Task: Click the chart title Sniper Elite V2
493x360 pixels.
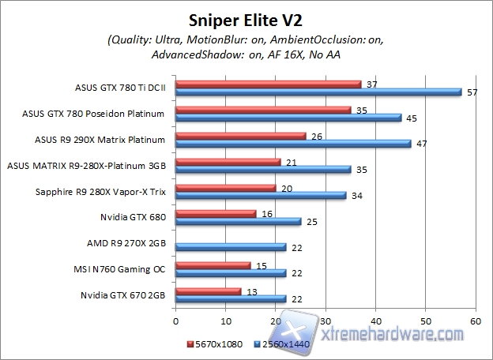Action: coord(246,18)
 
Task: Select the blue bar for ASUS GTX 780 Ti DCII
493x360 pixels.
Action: coord(318,92)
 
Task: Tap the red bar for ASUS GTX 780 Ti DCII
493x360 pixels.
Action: coord(268,84)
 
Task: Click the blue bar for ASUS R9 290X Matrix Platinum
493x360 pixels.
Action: coord(293,144)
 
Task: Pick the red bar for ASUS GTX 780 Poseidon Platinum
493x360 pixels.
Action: coord(263,110)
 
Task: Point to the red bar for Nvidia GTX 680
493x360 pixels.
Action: coord(216,213)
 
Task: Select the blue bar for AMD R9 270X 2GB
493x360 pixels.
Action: coord(231,247)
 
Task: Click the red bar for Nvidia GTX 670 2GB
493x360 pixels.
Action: coord(208,291)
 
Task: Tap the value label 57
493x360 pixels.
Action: coord(472,92)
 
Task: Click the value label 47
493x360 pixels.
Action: coord(423,144)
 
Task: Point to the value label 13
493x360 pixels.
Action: coord(251,291)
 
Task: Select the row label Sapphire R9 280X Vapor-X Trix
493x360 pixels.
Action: coord(100,191)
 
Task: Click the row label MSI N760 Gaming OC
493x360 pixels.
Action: coord(118,268)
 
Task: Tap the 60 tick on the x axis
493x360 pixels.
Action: coord(475,321)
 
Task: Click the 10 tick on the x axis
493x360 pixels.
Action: coord(226,321)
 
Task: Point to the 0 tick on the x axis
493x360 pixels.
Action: coord(176,321)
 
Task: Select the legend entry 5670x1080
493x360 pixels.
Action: coord(213,345)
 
